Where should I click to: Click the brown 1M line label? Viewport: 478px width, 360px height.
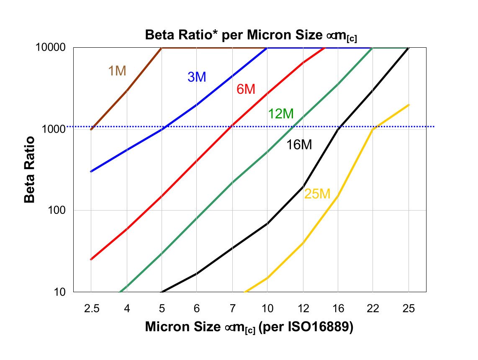(117, 71)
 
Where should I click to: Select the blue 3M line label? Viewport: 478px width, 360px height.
(197, 77)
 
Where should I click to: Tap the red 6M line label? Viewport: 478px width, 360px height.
(246, 89)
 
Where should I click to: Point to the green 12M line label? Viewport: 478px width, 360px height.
(280, 113)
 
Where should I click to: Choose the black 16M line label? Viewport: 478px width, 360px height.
(299, 145)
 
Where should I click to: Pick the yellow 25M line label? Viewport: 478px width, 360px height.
(317, 194)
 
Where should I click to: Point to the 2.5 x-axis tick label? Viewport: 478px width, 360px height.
(91, 309)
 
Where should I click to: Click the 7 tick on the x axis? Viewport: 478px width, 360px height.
(232, 309)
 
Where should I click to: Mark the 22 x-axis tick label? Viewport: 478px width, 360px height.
(373, 309)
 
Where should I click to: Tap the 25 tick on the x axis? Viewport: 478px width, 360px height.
(409, 309)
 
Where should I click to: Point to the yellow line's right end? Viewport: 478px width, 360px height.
(409, 105)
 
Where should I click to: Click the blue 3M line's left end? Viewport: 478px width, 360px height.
(91, 172)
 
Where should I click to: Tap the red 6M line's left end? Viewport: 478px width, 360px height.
(91, 260)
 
